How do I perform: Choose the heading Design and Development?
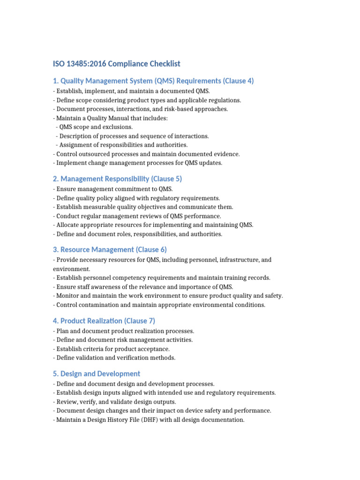pyautogui.click(x=97, y=374)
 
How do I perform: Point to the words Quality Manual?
pyautogui.click(x=101, y=118)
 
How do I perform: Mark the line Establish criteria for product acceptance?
pyautogui.click(x=112, y=349)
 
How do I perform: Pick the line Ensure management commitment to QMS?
pyautogui.click(x=114, y=189)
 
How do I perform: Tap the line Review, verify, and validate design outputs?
pyautogui.click(x=116, y=402)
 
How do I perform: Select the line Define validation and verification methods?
pyautogui.click(x=115, y=358)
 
